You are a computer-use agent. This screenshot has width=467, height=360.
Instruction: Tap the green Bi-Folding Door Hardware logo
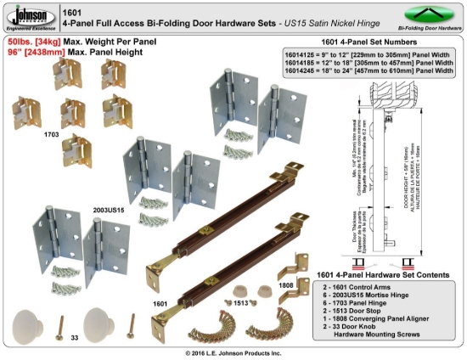coord(422,17)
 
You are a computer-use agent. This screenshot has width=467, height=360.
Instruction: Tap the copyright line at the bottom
coord(233,352)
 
